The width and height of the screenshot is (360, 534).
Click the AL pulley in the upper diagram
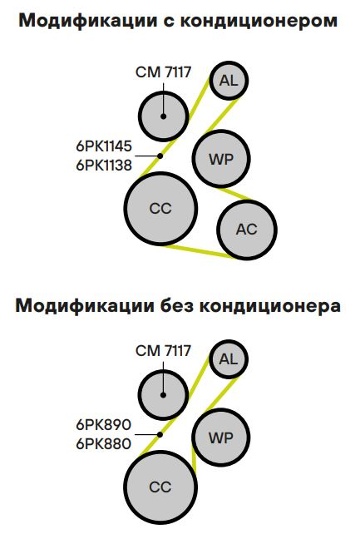tap(229, 81)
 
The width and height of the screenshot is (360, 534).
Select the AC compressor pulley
tap(247, 230)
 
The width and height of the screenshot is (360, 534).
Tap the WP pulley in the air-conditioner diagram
tap(221, 159)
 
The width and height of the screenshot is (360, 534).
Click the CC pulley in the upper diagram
tap(160, 209)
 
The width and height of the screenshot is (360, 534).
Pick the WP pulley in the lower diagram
tap(221, 438)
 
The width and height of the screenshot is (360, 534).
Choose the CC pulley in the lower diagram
tap(160, 487)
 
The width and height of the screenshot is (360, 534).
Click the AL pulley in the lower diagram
tap(229, 359)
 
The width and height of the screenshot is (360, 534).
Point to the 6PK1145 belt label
tap(104, 146)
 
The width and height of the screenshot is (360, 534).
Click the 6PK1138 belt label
tap(104, 166)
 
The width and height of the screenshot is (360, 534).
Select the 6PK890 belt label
tap(103, 425)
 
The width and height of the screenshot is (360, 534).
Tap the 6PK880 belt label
tap(103, 444)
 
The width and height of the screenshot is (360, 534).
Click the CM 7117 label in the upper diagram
tap(163, 72)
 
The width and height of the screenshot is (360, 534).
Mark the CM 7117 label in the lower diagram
tap(163, 351)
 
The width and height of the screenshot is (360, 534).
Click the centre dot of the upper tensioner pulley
tap(163, 116)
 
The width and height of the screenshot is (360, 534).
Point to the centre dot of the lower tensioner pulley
tap(163, 395)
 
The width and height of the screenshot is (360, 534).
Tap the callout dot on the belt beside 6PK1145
tap(160, 156)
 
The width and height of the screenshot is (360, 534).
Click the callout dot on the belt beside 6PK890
tap(160, 434)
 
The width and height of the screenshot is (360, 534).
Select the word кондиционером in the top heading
tap(259, 21)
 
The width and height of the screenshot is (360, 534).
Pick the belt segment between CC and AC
tap(199, 250)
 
